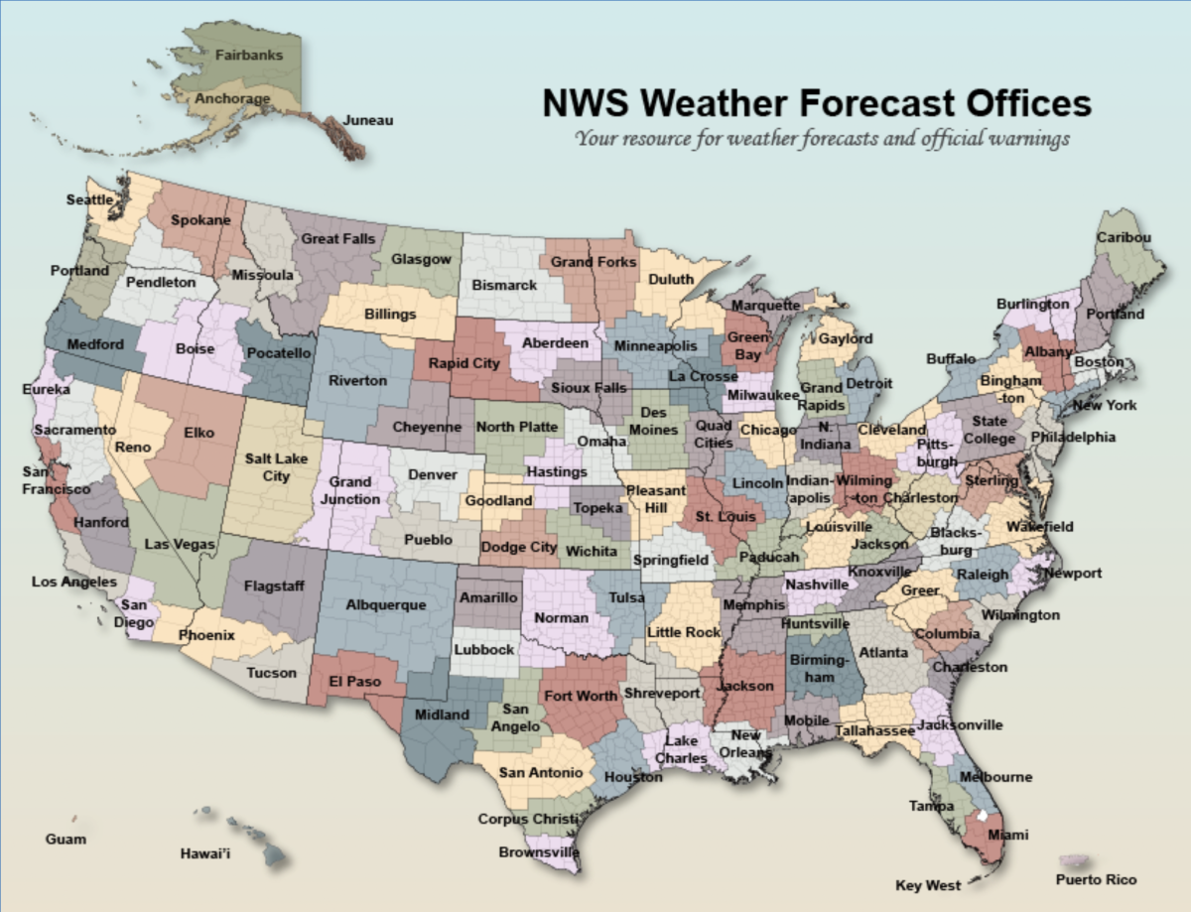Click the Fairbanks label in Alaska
pos(249,56)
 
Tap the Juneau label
pos(368,121)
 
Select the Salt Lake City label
pos(268,467)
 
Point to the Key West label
pos(928,885)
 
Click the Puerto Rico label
pos(1096,879)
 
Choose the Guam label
pos(66,840)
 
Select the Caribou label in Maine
pos(1124,238)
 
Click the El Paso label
pos(356,683)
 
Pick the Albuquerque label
pos(385,604)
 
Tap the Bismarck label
pos(504,285)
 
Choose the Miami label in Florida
pos(1007,834)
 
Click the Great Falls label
pos(337,239)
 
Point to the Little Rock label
pos(684,632)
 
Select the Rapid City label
pos(463,363)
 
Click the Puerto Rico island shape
pos(1074,858)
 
